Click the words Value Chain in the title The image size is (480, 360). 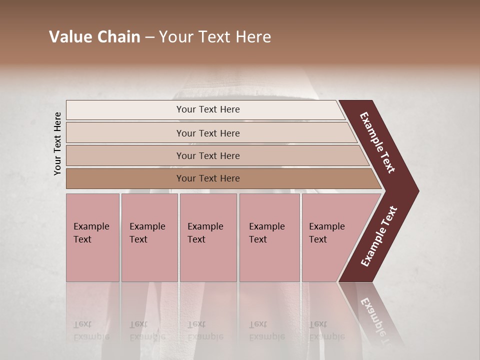click(94, 37)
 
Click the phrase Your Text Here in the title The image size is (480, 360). click(215, 37)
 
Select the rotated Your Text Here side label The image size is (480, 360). click(57, 143)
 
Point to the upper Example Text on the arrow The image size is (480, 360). click(377, 142)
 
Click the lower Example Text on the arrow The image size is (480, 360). click(379, 236)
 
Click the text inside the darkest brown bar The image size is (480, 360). click(208, 178)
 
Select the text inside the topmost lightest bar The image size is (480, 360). click(208, 109)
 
